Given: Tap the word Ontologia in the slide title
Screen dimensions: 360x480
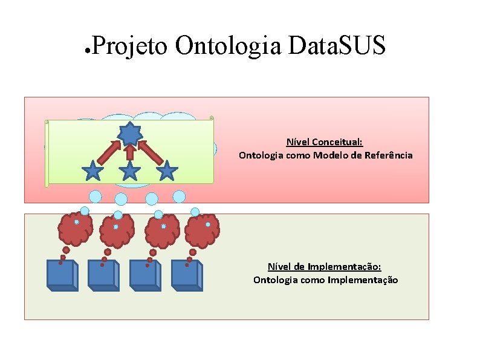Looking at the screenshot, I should [229, 45].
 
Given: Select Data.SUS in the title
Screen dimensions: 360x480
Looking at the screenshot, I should [337, 45].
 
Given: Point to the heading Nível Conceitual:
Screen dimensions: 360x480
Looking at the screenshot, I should [324, 142].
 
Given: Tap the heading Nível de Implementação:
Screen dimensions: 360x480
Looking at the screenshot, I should [324, 267].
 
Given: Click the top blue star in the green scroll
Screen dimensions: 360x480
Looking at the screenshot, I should [129, 132].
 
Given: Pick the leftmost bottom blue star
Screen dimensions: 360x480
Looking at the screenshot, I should [92, 171].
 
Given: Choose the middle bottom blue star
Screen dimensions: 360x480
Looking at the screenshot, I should [129, 171].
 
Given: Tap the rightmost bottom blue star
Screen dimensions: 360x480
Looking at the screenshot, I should [167, 171].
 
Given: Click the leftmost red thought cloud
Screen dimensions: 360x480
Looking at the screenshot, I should [76, 229].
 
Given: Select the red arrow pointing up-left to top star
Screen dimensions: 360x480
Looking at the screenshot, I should [149, 151].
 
